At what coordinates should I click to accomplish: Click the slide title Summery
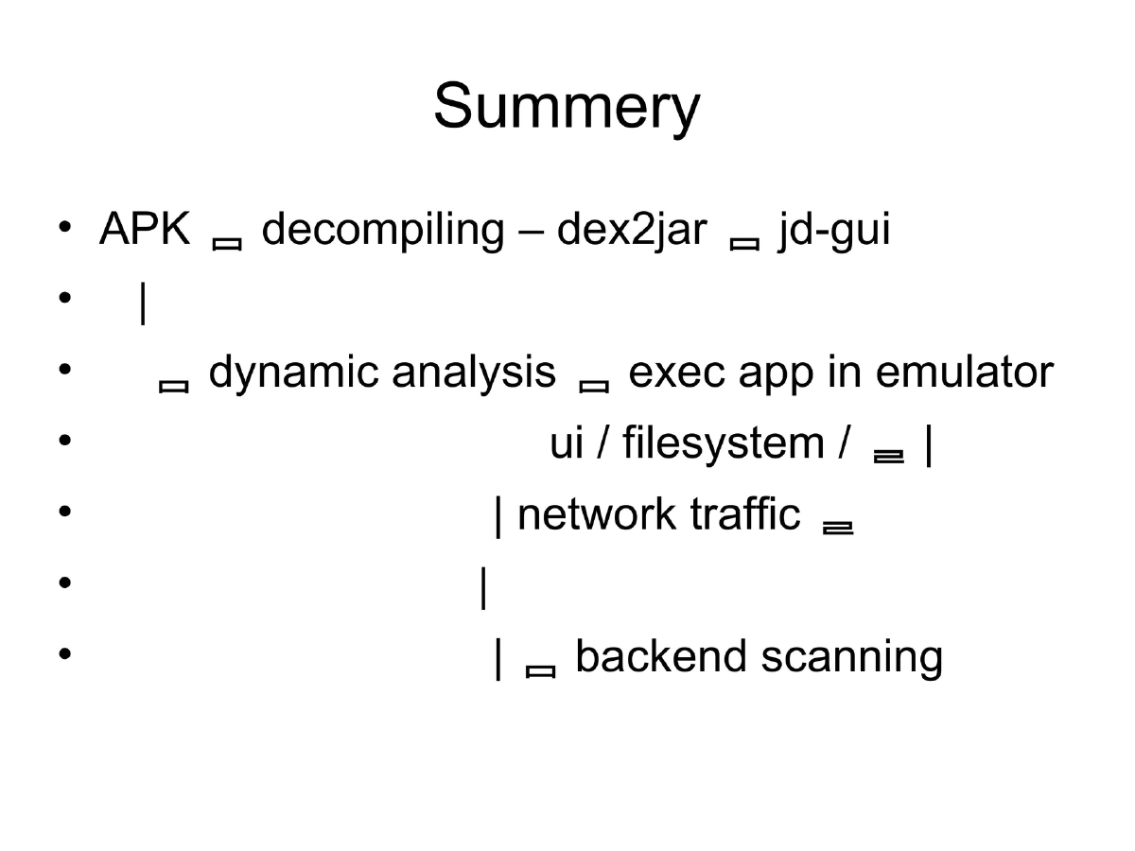point(567,107)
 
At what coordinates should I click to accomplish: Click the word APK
point(145,230)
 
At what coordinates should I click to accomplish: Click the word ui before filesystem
point(567,443)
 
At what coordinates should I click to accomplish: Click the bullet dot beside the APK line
point(64,228)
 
